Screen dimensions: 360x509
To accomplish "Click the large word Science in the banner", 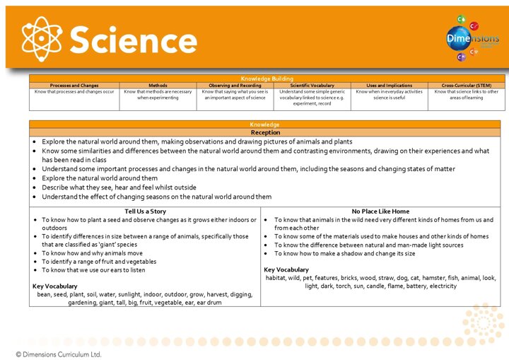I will click(x=134, y=40).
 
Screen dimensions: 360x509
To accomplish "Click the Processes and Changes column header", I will click(x=74, y=85).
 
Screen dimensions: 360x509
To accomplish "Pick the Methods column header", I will click(x=158, y=85).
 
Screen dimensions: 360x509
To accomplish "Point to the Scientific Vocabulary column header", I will click(x=312, y=85).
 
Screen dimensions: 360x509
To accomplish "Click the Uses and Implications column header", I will click(x=390, y=85).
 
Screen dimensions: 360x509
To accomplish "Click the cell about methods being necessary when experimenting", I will click(x=158, y=94).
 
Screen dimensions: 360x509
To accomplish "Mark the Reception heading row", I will click(x=265, y=132).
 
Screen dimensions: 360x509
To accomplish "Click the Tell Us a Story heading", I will click(x=145, y=211).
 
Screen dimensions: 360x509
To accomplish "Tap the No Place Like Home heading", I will click(x=380, y=211).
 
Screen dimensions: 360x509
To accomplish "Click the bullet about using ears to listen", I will click(x=94, y=269).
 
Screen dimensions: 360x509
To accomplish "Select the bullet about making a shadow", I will click(x=345, y=253).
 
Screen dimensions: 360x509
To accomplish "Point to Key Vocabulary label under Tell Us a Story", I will click(x=55, y=286).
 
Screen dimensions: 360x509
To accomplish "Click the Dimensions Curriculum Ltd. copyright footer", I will click(x=59, y=353).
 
